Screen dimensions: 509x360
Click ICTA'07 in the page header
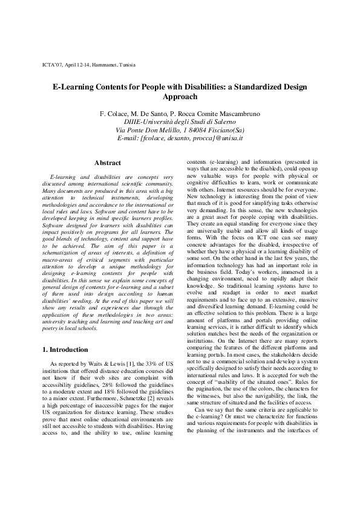[52, 63]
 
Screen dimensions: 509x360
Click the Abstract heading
[108, 163]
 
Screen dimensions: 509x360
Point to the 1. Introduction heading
[68, 349]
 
